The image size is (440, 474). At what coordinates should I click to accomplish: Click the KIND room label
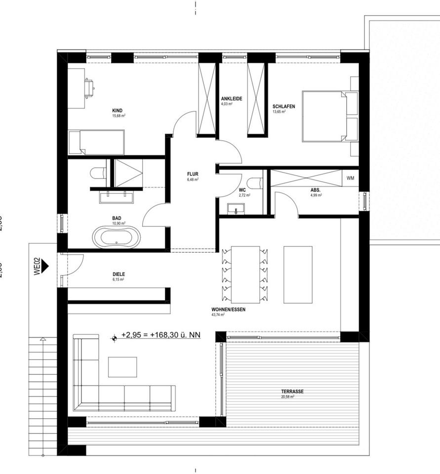[x=117, y=111]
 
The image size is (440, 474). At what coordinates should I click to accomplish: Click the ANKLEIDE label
[x=231, y=99]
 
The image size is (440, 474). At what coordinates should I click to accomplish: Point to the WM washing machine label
[x=350, y=178]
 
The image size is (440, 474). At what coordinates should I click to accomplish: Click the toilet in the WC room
[x=255, y=183]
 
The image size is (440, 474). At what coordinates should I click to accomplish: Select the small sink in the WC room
[x=237, y=209]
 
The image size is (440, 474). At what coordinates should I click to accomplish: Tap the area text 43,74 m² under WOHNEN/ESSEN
[x=218, y=315]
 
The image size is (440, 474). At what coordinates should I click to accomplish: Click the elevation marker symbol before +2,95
[x=115, y=338]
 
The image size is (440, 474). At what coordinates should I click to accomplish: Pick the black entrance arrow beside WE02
[x=46, y=266]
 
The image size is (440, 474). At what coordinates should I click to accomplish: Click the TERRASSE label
[x=292, y=392]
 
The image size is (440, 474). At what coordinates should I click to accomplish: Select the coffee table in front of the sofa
[x=122, y=367]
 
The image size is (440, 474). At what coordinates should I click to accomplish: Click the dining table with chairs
[x=245, y=275]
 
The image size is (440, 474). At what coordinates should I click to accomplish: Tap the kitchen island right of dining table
[x=298, y=275]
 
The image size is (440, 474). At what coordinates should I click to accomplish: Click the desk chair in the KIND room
[x=89, y=87]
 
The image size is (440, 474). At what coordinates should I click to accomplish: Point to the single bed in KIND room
[x=96, y=142]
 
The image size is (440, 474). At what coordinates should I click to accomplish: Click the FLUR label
[x=193, y=174]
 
